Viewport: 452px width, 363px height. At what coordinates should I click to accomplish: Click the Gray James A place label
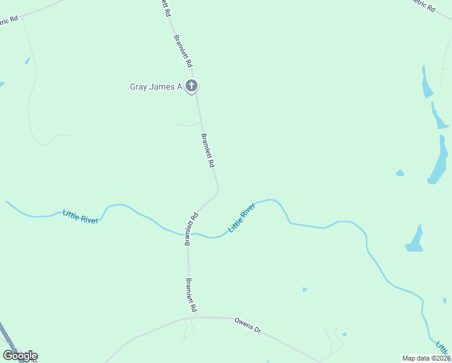coord(156,87)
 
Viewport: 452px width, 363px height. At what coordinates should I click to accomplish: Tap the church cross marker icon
coord(192,86)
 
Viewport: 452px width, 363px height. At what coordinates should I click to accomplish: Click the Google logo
coord(20,356)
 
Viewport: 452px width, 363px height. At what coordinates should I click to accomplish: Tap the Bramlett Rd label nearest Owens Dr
coord(192,295)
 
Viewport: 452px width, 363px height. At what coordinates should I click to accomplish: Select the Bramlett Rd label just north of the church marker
coord(182,51)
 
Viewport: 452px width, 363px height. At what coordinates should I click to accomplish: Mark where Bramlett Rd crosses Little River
coord(187,234)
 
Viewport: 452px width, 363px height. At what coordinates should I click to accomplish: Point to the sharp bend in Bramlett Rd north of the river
coord(218,190)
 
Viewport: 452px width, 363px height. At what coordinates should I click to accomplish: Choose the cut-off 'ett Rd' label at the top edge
coord(164,7)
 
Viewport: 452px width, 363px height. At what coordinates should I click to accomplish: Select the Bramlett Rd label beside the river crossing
coord(192,229)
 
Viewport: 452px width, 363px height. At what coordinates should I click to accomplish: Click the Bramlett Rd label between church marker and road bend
coord(207,151)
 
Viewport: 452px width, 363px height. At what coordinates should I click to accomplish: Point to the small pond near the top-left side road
coord(27,60)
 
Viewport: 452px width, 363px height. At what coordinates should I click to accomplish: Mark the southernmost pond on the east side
coord(415,240)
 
